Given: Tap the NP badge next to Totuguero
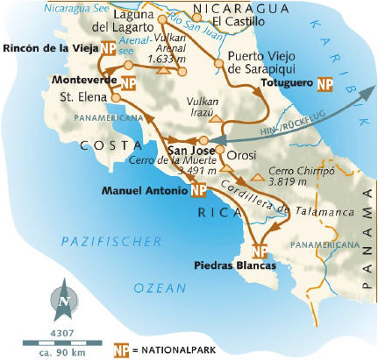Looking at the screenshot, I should pyautogui.click(x=325, y=85).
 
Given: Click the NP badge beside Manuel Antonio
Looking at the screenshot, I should pyautogui.click(x=198, y=190).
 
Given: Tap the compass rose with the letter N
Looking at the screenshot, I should pyautogui.click(x=64, y=300).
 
